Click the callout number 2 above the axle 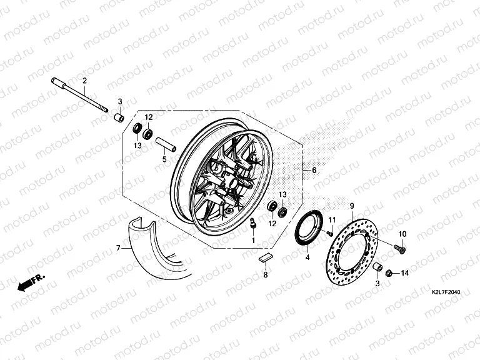pos(84,81)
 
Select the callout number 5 pos(165,159)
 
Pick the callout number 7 pos(117,249)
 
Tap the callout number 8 pos(265,275)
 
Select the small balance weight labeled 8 pos(266,256)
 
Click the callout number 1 pos(254,241)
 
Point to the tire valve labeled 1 pos(254,224)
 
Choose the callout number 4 pos(307,257)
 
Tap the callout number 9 pos(352,206)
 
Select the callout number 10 pos(402,234)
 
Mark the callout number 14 pos(404,273)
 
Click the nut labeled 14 pos(389,272)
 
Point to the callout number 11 pos(332,219)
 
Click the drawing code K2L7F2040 pos(449,291)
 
